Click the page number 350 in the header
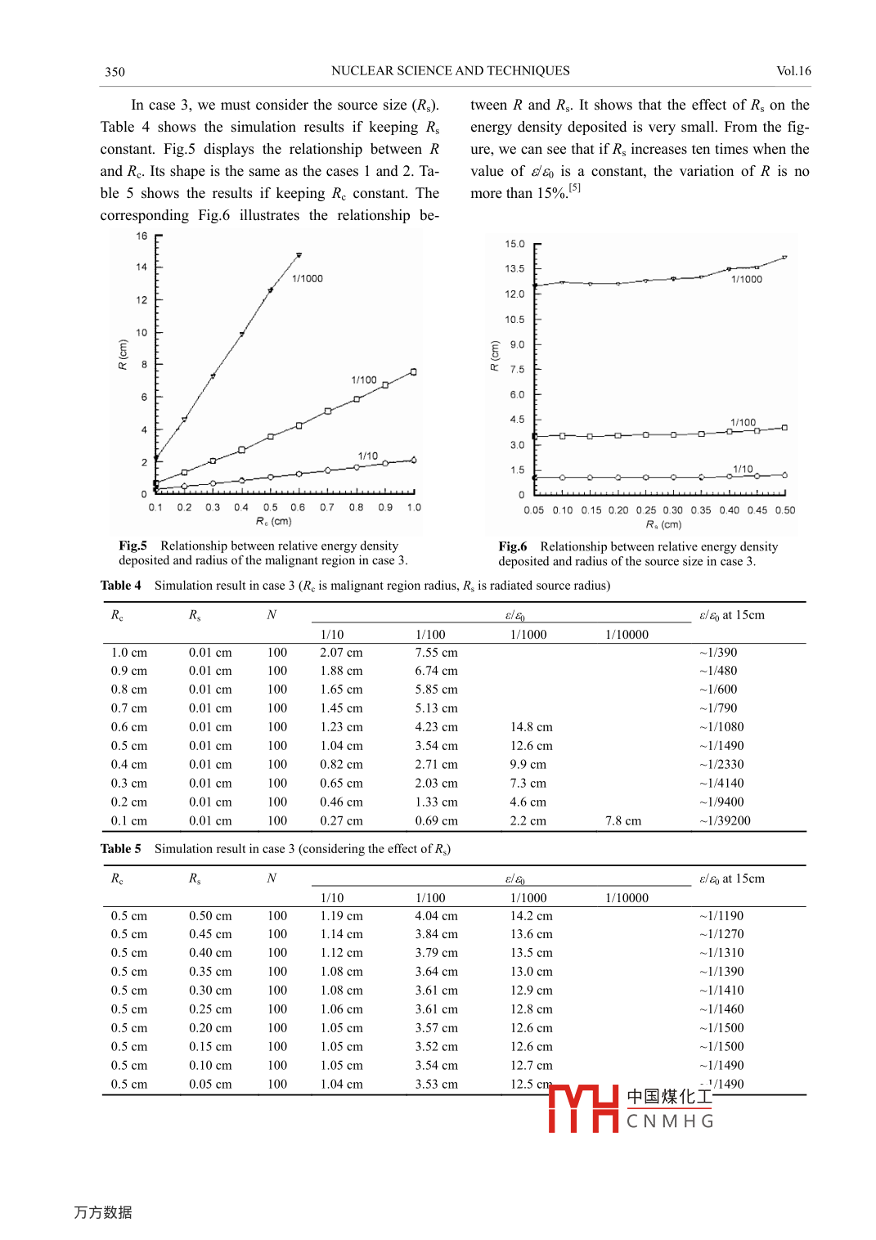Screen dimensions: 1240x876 tap(115, 72)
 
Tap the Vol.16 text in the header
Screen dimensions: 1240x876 tap(793, 71)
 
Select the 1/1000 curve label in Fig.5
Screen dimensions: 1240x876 tap(308, 279)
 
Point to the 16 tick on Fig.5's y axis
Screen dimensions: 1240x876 tap(142, 236)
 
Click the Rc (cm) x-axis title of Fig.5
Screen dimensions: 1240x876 tap(273, 522)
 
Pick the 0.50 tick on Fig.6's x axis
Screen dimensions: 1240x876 tap(785, 510)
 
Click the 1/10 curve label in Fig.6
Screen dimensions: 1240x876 tap(743, 469)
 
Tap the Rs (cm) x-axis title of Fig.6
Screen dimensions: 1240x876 tap(663, 525)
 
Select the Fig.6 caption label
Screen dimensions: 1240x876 tap(513, 546)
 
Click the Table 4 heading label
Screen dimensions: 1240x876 tap(120, 586)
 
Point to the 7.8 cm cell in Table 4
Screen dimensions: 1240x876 tap(623, 821)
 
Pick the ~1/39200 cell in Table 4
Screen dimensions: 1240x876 tap(725, 821)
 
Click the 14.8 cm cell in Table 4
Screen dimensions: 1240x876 tap(532, 727)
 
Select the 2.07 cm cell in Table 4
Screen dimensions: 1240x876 tap(341, 653)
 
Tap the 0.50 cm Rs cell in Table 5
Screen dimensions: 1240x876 tap(210, 916)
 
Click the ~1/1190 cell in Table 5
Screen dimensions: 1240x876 tap(721, 916)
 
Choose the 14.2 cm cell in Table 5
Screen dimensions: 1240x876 tap(532, 916)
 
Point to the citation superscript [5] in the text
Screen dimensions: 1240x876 tap(575, 188)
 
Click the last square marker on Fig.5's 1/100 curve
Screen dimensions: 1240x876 tap(414, 372)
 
